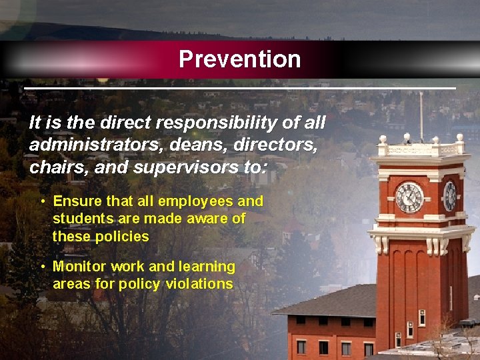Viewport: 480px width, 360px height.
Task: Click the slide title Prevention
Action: coord(239,59)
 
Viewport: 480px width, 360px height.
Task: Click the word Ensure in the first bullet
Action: coord(76,201)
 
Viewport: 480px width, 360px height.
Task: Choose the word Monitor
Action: coord(79,267)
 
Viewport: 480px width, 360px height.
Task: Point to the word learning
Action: coord(207,267)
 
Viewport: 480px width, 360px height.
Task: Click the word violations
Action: coord(199,284)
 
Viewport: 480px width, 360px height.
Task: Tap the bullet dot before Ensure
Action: coord(42,201)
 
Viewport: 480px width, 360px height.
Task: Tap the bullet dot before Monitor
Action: coord(42,267)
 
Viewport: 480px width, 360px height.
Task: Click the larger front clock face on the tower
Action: coord(409,197)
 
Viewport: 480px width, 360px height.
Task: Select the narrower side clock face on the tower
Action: coord(450,195)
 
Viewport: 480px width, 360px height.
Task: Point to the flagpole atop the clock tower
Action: coord(421,117)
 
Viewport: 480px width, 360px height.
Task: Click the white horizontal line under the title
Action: coord(239,88)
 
